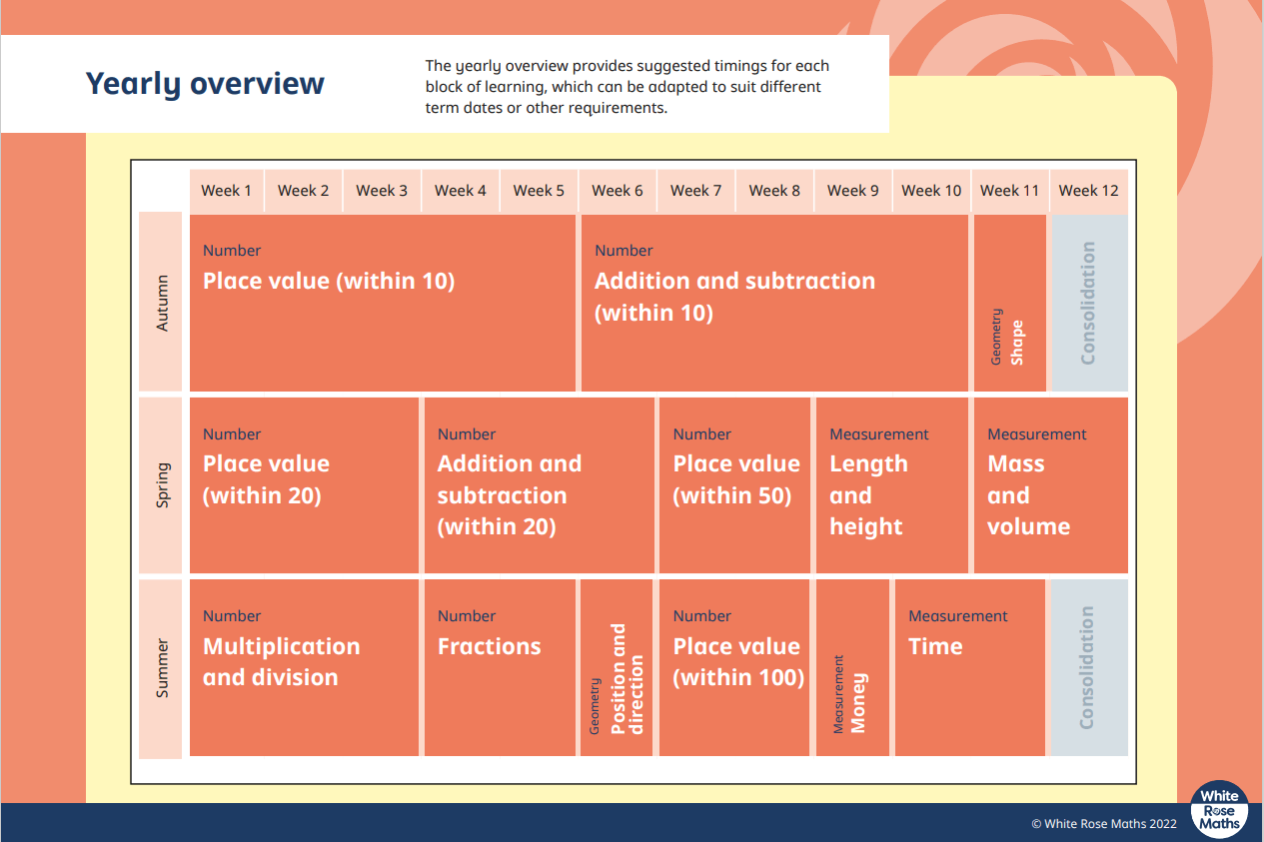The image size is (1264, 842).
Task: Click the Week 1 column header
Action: (226, 191)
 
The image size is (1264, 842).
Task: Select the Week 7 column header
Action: (695, 191)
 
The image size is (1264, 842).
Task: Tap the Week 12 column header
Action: (1088, 191)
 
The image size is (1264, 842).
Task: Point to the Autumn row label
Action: (161, 303)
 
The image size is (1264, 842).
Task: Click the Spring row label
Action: (161, 485)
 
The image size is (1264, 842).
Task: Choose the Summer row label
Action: (161, 668)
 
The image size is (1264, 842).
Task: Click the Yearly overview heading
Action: (205, 84)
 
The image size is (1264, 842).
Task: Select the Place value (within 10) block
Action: (383, 303)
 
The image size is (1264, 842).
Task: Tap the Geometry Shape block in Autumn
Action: (1009, 303)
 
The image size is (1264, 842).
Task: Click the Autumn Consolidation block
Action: (1089, 303)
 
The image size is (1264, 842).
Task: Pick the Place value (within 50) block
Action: (734, 485)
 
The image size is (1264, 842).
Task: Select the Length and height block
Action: (891, 485)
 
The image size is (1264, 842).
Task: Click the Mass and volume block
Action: (1051, 485)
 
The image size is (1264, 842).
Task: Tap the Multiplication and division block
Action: (304, 668)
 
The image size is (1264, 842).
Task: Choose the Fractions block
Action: (500, 668)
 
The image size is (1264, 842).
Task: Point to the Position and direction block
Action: (617, 668)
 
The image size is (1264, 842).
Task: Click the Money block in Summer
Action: (852, 668)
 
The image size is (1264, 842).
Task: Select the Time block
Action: (970, 668)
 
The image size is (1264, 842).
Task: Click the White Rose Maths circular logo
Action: (1219, 810)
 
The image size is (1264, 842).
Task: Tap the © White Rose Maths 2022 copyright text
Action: (1104, 824)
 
